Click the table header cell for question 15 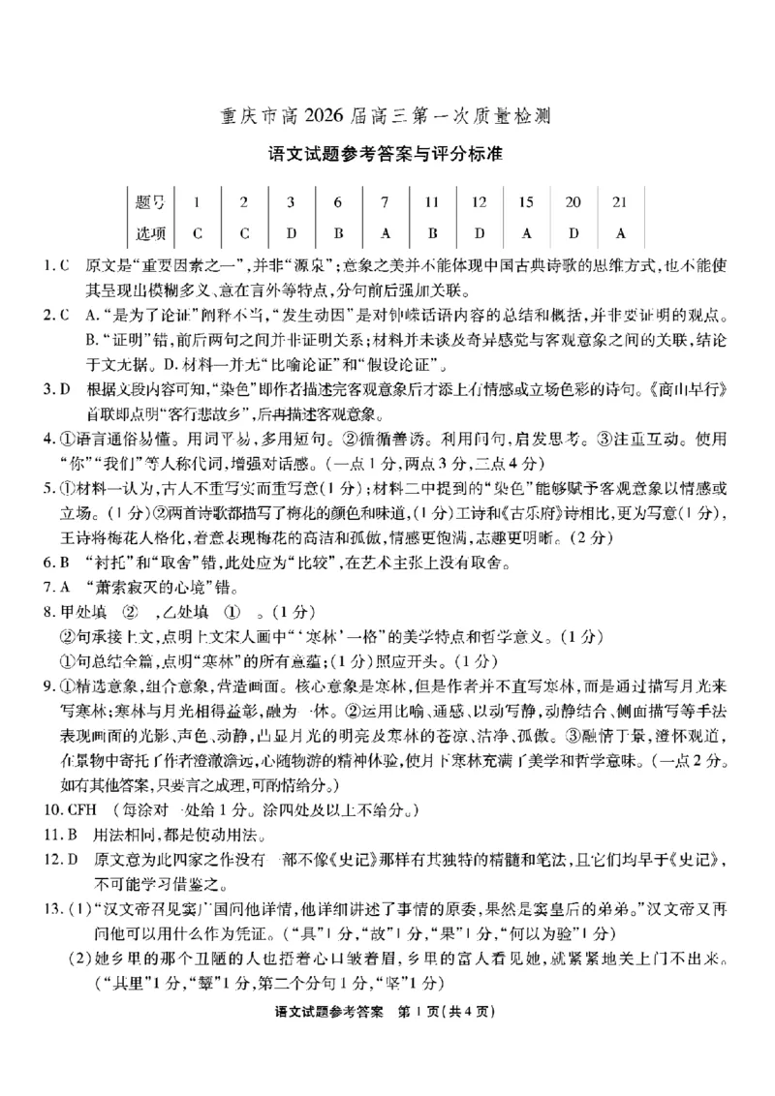click(526, 202)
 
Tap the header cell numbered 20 click(573, 202)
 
